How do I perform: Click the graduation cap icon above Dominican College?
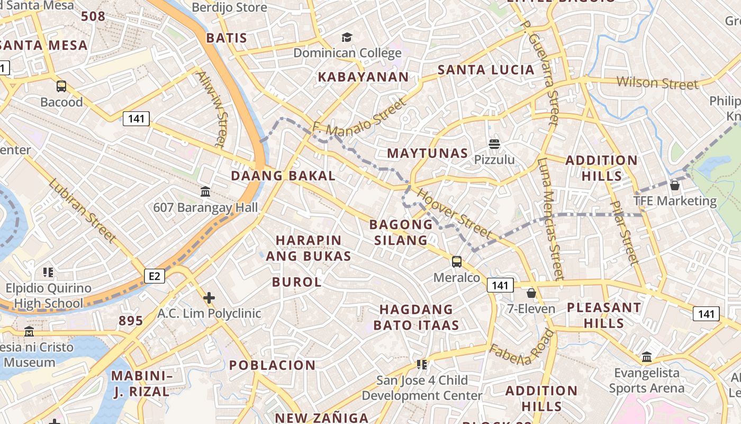347,37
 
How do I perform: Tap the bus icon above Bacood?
61,86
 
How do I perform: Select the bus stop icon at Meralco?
456,261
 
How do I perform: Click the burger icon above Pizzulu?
494,144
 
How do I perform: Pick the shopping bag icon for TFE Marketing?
674,185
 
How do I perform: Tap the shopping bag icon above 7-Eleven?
531,293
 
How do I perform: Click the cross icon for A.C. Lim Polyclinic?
209,298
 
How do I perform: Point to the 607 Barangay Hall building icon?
205,191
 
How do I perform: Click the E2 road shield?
155,276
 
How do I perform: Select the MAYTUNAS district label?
428,154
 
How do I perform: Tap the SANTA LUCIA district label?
486,70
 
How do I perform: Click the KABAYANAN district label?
363,77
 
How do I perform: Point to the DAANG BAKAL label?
283,176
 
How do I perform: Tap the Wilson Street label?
657,83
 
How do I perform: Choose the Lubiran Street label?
82,211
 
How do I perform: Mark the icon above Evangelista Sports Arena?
646,357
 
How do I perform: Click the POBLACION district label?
272,365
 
